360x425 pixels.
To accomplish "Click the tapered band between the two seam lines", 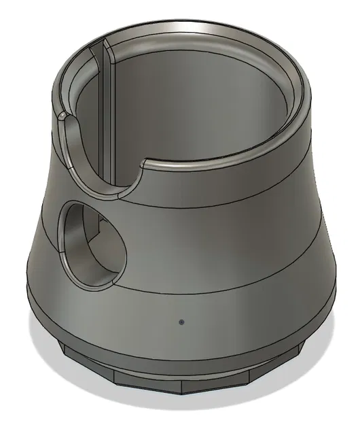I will tap(217, 224).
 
